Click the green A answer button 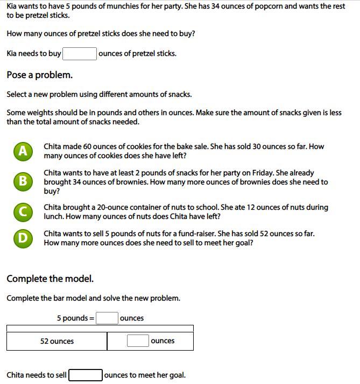pyautogui.click(x=23, y=151)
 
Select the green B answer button pyautogui.click(x=23, y=181)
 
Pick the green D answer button pyautogui.click(x=23, y=238)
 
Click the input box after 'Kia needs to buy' pyautogui.click(x=80, y=53)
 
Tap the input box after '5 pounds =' pyautogui.click(x=107, y=318)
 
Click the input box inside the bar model pyautogui.click(x=138, y=340)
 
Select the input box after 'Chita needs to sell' pyautogui.click(x=86, y=375)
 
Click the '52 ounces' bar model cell pyautogui.click(x=57, y=341)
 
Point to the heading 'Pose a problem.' pyautogui.click(x=40, y=75)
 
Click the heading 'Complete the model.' pyautogui.click(x=50, y=279)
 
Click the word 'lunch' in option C pyautogui.click(x=54, y=217)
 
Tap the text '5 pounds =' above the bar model pyautogui.click(x=75, y=318)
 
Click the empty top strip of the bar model pyautogui.click(x=100, y=328)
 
